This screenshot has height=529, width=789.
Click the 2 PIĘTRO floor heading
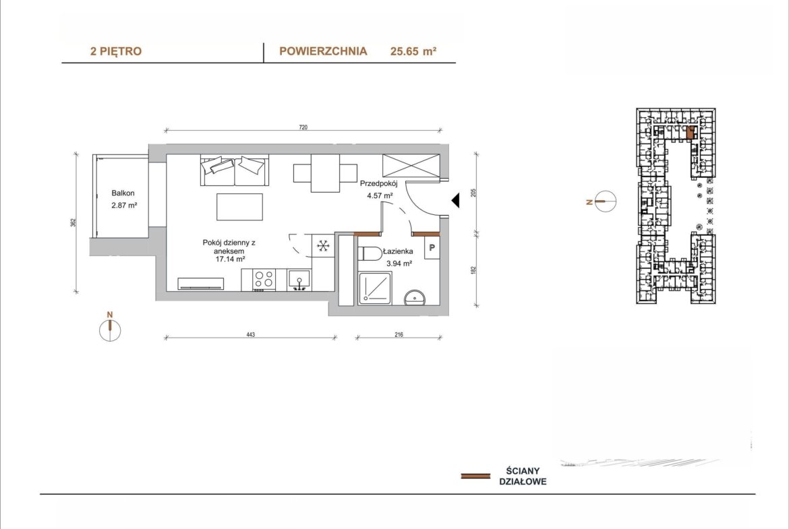click(x=116, y=51)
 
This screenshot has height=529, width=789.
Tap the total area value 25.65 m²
click(x=413, y=51)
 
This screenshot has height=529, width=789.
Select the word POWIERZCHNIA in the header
click(x=323, y=51)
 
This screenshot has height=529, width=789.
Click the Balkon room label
click(x=123, y=193)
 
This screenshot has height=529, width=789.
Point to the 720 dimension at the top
click(x=303, y=127)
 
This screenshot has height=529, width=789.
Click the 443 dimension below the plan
click(x=251, y=334)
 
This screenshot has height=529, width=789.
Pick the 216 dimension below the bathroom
click(x=399, y=334)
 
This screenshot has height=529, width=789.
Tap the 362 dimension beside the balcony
click(x=73, y=223)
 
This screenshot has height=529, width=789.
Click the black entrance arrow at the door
click(x=455, y=200)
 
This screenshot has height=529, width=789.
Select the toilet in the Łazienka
click(x=370, y=254)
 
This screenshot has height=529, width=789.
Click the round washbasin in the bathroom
click(x=415, y=298)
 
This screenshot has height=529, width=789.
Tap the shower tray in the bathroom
click(x=375, y=288)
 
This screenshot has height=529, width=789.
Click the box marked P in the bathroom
click(x=432, y=248)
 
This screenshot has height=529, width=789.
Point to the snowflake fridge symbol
click(x=323, y=246)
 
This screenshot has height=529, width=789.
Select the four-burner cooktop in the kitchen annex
click(x=263, y=280)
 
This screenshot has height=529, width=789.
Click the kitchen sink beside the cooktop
click(x=299, y=280)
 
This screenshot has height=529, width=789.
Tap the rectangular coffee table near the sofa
click(x=239, y=207)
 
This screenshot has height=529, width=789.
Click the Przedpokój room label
click(x=378, y=183)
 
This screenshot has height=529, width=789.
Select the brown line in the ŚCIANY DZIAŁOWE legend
click(x=475, y=476)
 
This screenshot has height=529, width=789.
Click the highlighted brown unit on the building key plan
click(x=691, y=132)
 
